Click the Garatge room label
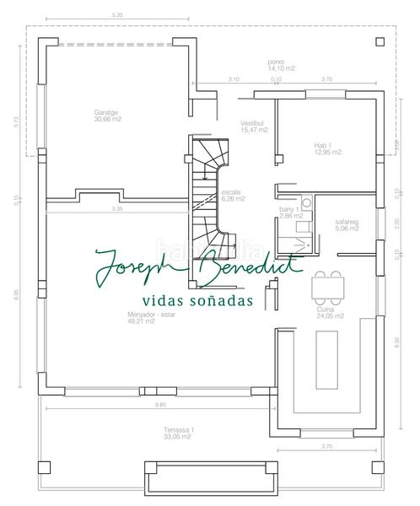[106, 112]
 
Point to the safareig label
[347, 222]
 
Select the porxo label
[276, 62]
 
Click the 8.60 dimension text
[160, 406]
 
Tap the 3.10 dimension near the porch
[234, 79]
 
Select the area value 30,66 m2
[106, 119]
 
